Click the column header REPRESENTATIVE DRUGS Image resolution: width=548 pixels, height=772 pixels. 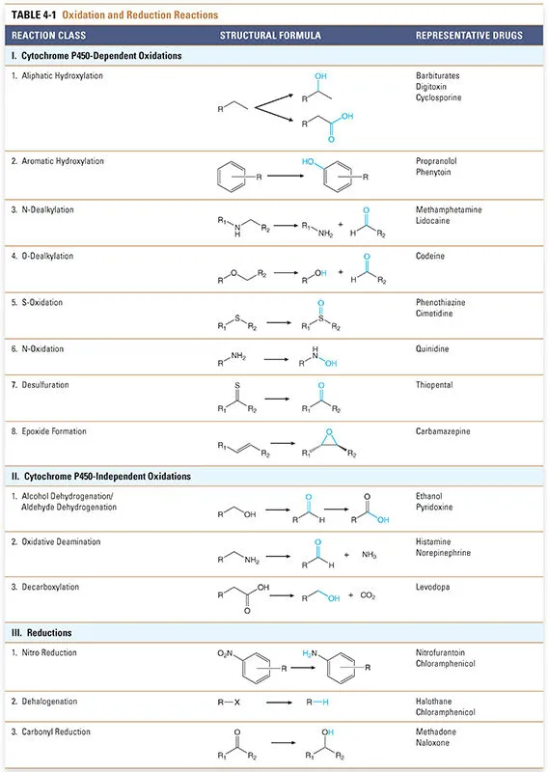pos(469,36)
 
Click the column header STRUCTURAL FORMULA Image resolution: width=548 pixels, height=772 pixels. pos(270,36)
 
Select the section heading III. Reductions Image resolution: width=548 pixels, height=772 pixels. pos(42,633)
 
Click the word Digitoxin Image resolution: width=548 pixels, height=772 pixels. pos(433,86)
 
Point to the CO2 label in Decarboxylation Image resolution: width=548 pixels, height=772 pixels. pos(369,595)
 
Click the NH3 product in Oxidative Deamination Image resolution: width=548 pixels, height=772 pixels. pos(369,555)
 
